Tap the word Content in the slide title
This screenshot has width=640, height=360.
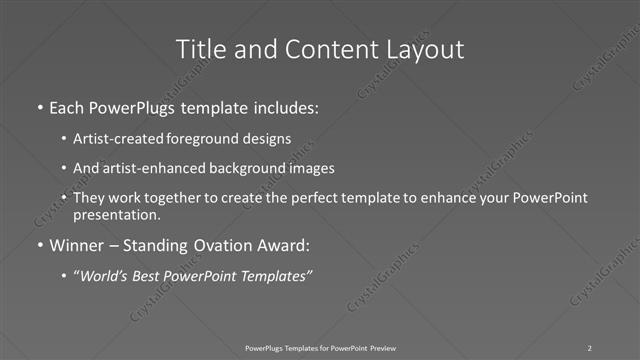320,49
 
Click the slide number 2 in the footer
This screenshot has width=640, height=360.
590,347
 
